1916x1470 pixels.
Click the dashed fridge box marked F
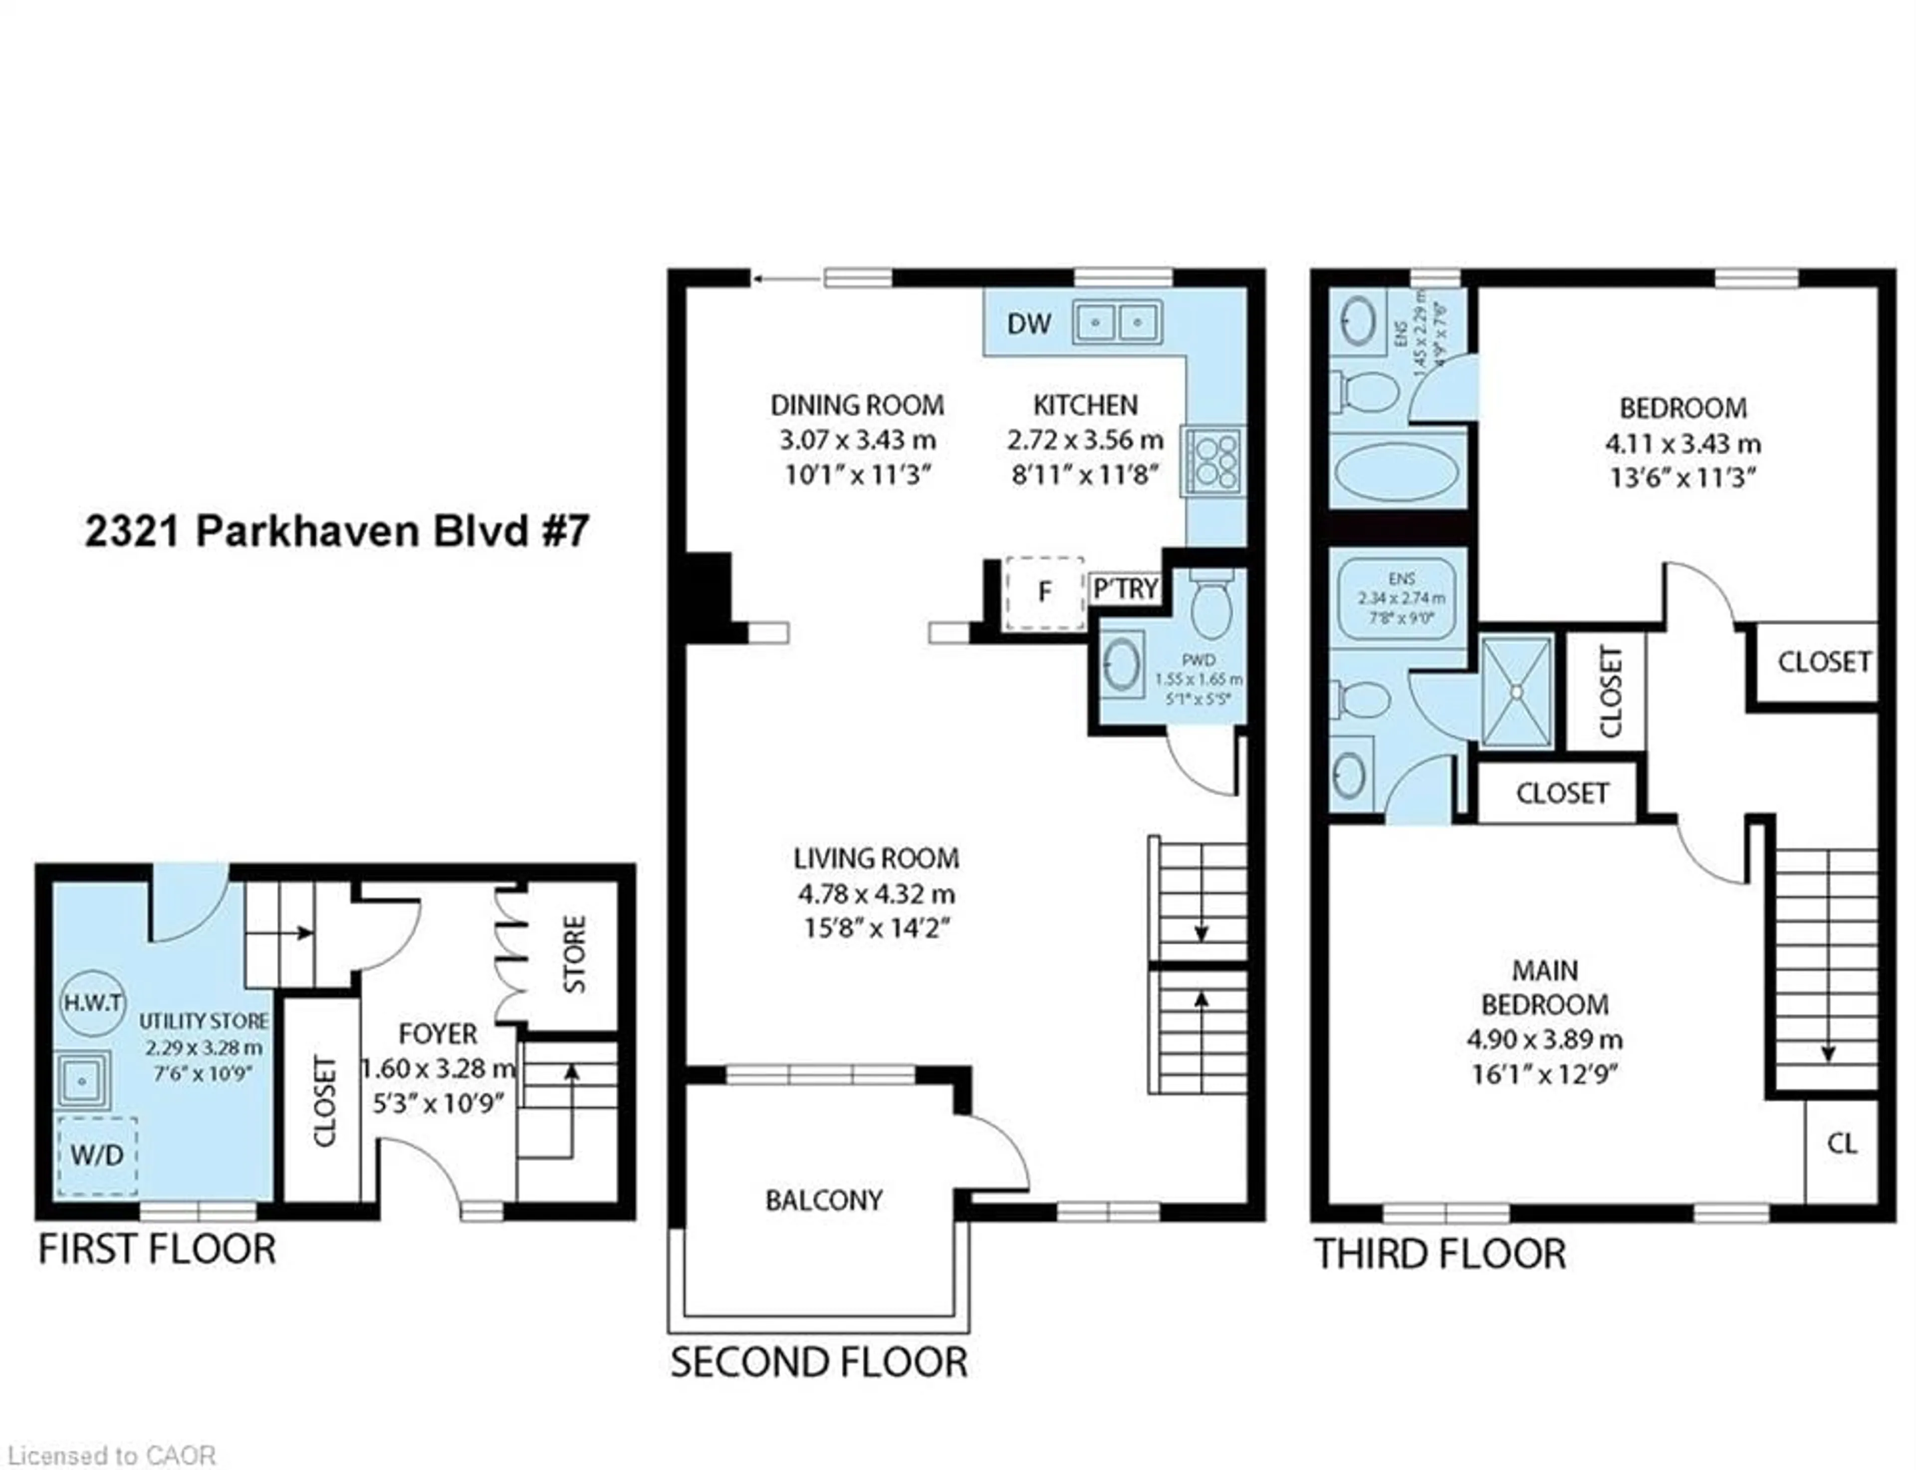click(1044, 592)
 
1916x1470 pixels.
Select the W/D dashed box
click(97, 1155)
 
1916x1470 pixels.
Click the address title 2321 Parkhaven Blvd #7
click(337, 531)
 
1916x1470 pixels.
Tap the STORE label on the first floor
click(574, 954)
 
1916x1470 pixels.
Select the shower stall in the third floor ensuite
click(1516, 691)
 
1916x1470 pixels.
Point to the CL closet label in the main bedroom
click(1842, 1144)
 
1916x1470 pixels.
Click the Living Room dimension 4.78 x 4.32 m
click(876, 894)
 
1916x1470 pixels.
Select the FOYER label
click(438, 1034)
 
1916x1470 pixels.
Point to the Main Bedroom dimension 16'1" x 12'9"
click(1544, 1074)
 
